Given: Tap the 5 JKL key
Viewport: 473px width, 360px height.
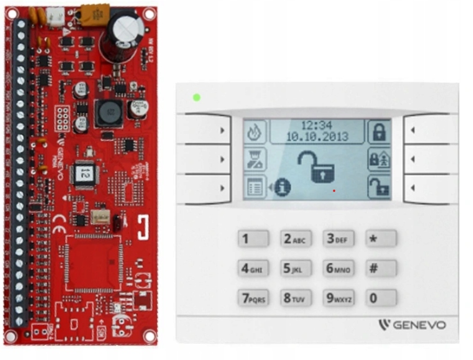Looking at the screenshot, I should coord(296,269).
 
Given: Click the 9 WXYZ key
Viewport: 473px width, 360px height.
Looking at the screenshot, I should coord(338,298).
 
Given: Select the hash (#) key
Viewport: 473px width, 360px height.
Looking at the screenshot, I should coord(381,269).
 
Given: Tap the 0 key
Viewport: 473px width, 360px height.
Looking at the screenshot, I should coord(381,298).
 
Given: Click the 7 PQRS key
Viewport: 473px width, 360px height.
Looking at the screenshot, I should coord(253,298).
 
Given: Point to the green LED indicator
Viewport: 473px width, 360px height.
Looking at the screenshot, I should coord(196,97).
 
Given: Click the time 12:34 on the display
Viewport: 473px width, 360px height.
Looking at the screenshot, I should coord(317,126).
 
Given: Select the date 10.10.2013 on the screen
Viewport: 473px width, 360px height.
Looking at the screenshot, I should coord(317,137).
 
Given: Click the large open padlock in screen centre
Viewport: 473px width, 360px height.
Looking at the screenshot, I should coord(316,166).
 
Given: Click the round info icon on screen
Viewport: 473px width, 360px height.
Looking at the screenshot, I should coord(282,187).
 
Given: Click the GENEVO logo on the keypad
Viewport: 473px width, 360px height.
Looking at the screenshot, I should coord(412,325).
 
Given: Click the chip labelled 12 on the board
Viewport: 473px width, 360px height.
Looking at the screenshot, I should coord(85,172).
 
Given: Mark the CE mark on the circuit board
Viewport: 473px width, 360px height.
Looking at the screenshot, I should coord(59,229).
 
